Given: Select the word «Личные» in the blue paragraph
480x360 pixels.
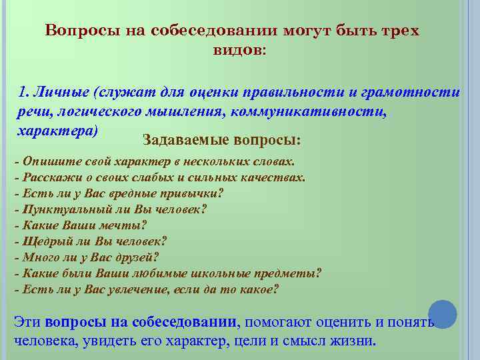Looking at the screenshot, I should coord(61,93).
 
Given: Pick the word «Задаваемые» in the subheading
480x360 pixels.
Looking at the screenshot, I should coord(177,141).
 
